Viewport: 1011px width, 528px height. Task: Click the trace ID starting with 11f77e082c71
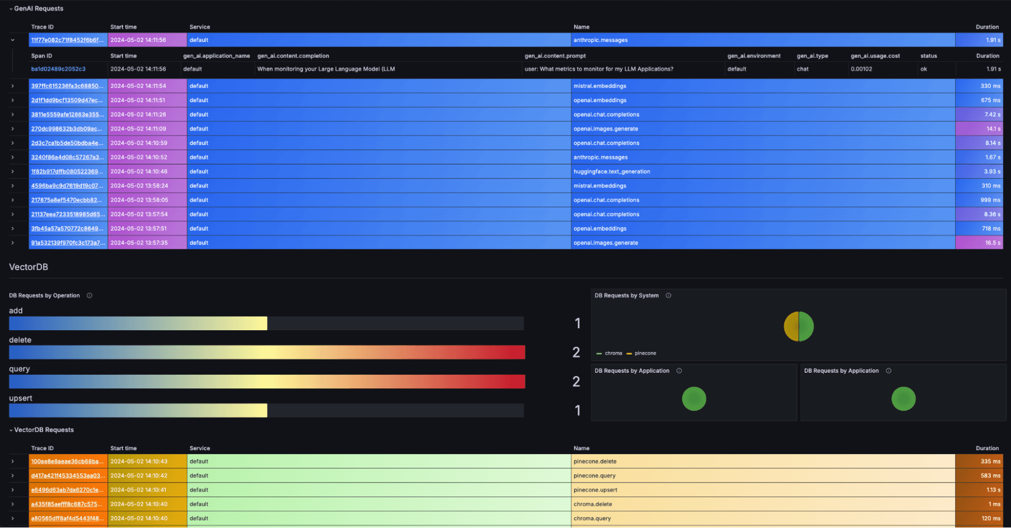coord(67,40)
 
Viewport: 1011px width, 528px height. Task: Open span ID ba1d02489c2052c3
coord(58,69)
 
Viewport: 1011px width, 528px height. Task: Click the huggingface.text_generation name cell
coord(611,171)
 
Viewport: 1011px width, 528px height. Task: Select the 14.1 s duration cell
coord(979,129)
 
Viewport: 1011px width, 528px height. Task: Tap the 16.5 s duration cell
coord(979,243)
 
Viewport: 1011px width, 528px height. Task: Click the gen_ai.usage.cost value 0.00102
coord(861,69)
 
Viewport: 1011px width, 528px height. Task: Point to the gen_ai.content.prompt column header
coord(555,56)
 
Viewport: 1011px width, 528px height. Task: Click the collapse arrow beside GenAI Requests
coord(11,9)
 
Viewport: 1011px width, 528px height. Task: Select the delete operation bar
coord(267,353)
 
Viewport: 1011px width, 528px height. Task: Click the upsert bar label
coord(21,398)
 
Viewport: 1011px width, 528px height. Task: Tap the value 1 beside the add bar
coord(577,323)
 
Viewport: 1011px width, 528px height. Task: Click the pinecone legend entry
coord(645,353)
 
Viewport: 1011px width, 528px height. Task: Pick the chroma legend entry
coord(613,353)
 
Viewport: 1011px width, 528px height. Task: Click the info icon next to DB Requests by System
coord(668,295)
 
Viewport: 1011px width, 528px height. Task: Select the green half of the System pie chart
coord(806,326)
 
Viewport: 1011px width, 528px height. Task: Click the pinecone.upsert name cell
coord(595,490)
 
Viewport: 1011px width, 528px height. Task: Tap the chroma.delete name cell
coord(593,504)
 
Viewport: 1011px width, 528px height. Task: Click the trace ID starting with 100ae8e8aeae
coord(67,461)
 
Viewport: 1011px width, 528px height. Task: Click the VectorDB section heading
coord(28,267)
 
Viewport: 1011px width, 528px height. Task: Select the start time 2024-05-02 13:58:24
coord(139,186)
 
